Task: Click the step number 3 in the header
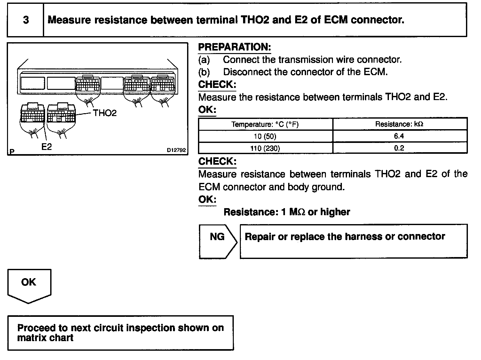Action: point(26,20)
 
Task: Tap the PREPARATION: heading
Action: point(234,47)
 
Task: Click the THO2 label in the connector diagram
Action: point(105,113)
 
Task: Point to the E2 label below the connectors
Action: point(47,147)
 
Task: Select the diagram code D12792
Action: point(176,150)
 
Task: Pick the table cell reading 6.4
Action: point(399,136)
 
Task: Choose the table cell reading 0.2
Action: point(399,148)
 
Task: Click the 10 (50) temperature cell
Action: point(265,136)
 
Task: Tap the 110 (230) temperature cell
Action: point(265,148)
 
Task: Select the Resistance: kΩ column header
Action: point(399,124)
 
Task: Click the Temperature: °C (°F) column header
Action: point(265,124)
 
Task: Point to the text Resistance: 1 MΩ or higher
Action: point(287,212)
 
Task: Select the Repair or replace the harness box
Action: point(353,241)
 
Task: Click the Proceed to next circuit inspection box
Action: point(121,333)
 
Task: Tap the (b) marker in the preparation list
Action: point(204,72)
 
